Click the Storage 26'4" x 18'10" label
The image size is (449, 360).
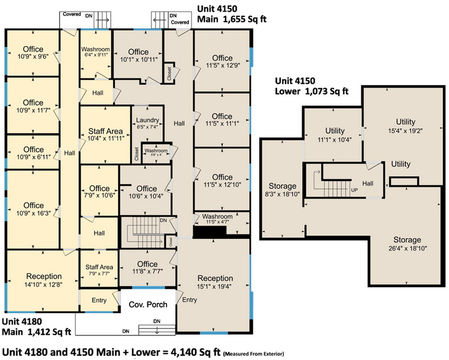(407, 244)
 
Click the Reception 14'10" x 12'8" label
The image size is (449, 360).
(44, 280)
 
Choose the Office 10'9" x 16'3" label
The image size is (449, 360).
(33, 209)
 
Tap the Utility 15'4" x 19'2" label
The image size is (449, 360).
(405, 126)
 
